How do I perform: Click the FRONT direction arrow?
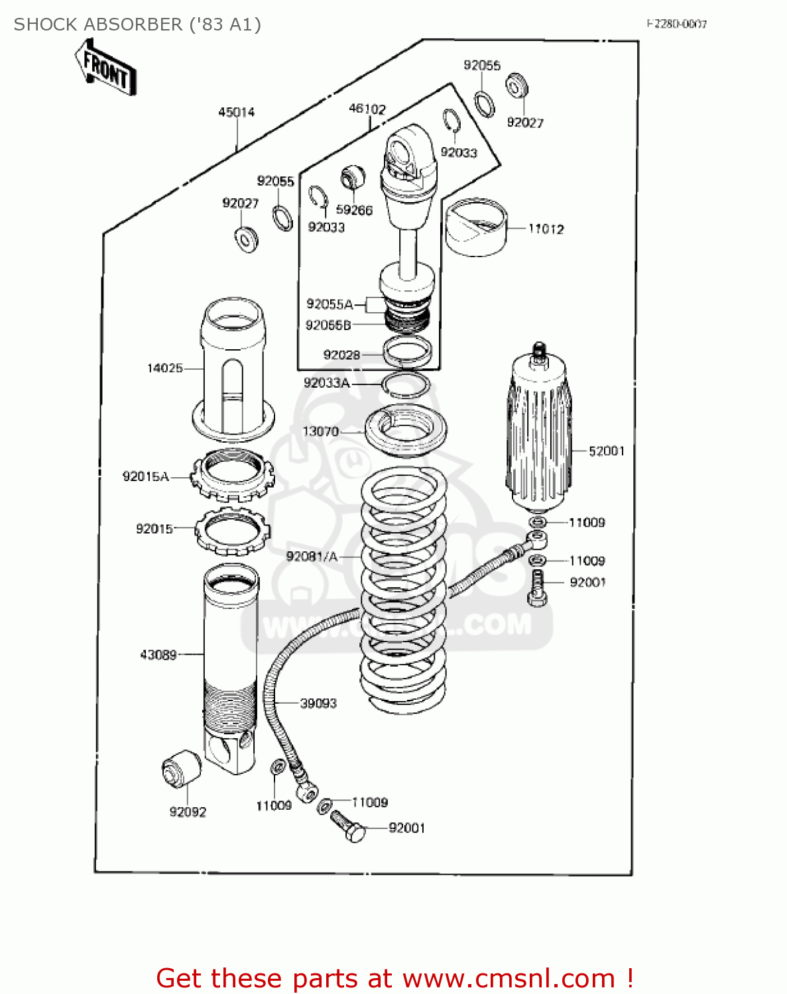pyautogui.click(x=106, y=68)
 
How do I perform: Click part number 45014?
pyautogui.click(x=237, y=112)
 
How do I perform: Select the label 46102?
pyautogui.click(x=367, y=109)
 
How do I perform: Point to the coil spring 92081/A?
pyautogui.click(x=403, y=590)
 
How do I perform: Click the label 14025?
pyautogui.click(x=164, y=368)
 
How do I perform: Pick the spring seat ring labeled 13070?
pyautogui.click(x=406, y=431)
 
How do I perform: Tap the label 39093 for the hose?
pyautogui.click(x=318, y=703)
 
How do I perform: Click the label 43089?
pyautogui.click(x=158, y=655)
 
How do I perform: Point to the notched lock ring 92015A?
pyautogui.click(x=232, y=474)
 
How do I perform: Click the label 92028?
pyautogui.click(x=341, y=355)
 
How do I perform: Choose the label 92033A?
pyautogui.click(x=326, y=383)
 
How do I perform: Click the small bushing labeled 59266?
pyautogui.click(x=353, y=177)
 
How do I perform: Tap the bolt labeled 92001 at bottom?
pyautogui.click(x=349, y=826)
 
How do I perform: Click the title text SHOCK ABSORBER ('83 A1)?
pyautogui.click(x=137, y=25)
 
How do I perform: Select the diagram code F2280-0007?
pyautogui.click(x=676, y=24)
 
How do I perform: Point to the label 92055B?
pyautogui.click(x=328, y=325)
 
